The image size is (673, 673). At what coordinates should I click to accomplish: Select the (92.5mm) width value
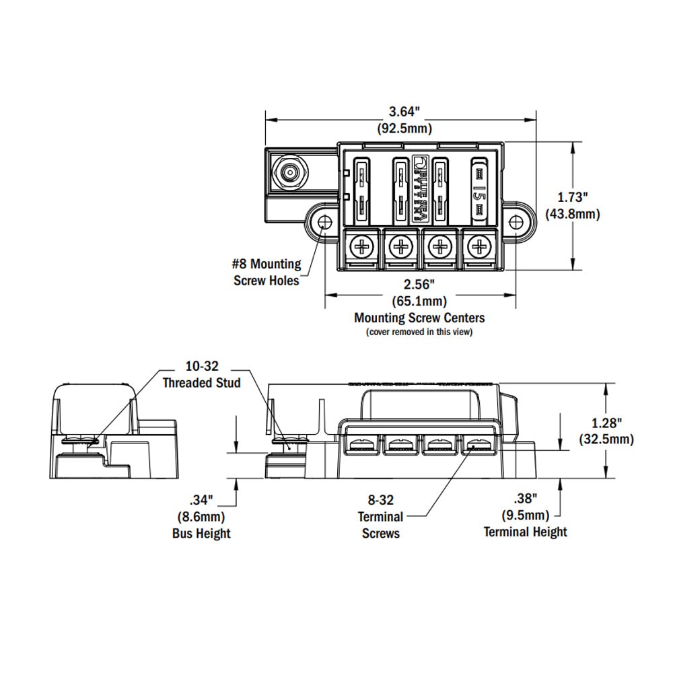402,128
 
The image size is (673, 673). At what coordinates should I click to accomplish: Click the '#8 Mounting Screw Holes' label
267,273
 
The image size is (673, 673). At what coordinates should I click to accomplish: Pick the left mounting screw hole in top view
324,222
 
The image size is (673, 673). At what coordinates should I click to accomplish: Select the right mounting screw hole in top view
516,222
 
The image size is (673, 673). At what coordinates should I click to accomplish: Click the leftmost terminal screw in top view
363,247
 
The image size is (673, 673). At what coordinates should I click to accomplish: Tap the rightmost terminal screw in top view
479,247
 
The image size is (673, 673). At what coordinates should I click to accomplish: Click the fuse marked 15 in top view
479,191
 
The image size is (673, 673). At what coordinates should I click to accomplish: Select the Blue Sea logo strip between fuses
419,190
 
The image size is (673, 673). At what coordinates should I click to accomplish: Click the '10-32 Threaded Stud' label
202,375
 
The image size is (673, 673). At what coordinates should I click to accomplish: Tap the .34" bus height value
201,500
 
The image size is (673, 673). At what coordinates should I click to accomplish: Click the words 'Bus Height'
201,534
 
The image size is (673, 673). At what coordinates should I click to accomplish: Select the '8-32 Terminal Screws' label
381,517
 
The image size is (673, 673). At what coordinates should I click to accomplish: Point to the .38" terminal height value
525,499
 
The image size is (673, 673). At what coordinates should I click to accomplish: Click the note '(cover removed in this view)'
419,332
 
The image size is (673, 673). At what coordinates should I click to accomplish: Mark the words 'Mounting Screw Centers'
419,318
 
